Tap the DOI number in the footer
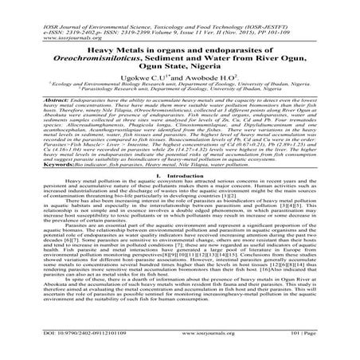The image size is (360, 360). tap(65, 349)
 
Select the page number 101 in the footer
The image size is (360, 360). tap(319, 349)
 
